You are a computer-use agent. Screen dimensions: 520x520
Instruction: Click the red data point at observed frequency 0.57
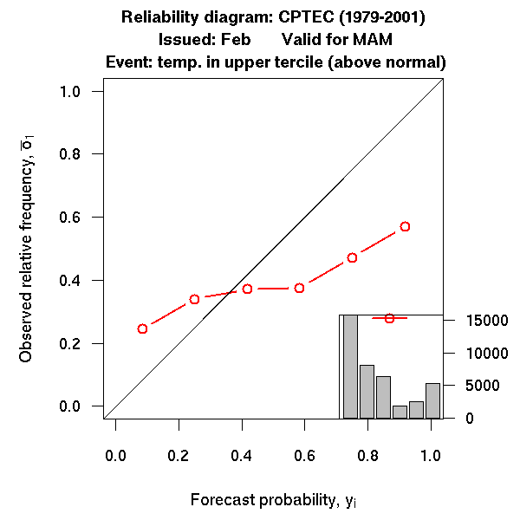coord(405,226)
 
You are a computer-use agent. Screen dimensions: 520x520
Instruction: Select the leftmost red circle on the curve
coord(142,328)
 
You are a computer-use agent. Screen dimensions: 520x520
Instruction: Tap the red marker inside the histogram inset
coord(389,318)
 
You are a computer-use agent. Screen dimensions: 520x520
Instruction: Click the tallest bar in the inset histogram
coord(350,367)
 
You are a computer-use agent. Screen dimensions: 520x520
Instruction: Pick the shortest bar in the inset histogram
coord(400,412)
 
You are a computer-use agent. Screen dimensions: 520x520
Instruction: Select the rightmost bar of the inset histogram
coord(432,400)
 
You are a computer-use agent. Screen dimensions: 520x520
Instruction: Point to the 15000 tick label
coord(476,321)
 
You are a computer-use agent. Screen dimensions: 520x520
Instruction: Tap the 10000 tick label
coord(476,353)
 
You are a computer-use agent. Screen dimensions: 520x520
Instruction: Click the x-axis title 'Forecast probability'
coord(261,501)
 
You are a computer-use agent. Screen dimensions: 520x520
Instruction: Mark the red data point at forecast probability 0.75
coord(352,257)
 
